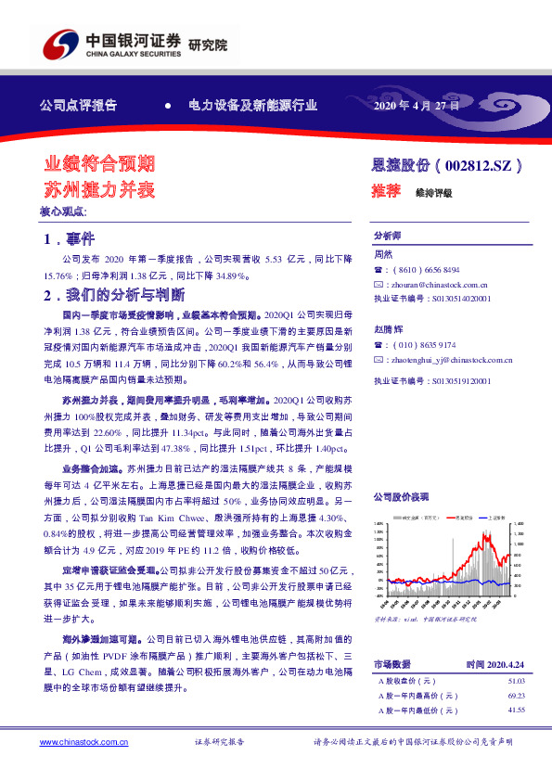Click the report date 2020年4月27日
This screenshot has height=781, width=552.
pos(415,105)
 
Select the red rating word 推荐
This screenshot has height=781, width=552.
pos(386,191)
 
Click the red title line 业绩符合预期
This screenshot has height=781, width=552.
pos(100,164)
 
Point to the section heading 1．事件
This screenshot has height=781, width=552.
pos(76,240)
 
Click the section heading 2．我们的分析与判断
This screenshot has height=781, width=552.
pos(116,296)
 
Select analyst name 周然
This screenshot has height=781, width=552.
pos(383,253)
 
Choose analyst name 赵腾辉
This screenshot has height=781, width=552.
pos(387,329)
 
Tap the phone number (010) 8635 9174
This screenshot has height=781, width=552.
pos(423,344)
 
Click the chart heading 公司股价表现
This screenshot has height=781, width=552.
pos(401,496)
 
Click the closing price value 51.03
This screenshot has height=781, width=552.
pos(517,681)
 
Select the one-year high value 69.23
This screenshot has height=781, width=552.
pos(517,696)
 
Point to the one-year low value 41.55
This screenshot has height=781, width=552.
pos(517,710)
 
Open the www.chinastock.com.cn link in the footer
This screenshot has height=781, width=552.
pos(83,742)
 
